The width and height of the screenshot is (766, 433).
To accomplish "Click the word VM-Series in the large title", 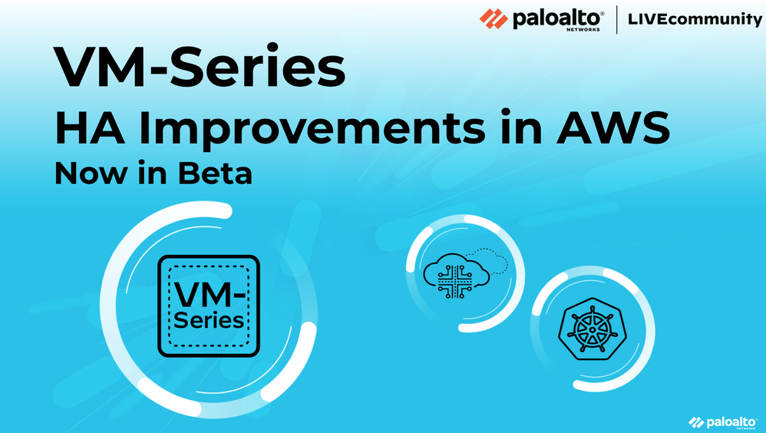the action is [200, 66].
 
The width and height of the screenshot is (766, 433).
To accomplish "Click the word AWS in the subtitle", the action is [613, 128].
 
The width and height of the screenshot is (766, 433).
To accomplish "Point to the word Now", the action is [91, 174].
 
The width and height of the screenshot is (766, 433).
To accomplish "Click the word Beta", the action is [215, 174].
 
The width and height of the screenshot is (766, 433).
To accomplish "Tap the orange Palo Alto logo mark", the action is [494, 18].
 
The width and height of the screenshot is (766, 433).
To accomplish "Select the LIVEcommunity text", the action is [695, 19].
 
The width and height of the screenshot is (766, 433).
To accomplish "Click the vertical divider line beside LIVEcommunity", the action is [616, 19].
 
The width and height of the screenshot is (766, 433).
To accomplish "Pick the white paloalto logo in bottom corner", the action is [722, 422].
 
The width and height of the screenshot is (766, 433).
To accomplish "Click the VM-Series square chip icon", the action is [209, 306].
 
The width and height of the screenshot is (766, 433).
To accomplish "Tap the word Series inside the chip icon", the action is [209, 321].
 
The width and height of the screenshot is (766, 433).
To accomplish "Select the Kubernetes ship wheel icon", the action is [593, 329].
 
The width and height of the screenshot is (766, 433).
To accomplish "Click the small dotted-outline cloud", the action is [488, 260].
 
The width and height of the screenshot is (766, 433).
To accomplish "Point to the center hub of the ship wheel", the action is [593, 330].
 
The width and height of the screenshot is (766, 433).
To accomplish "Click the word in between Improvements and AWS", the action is [520, 128].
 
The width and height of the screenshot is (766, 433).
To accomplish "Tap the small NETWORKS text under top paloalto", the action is [583, 29].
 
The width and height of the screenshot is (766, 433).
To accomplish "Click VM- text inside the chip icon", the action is [210, 294].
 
